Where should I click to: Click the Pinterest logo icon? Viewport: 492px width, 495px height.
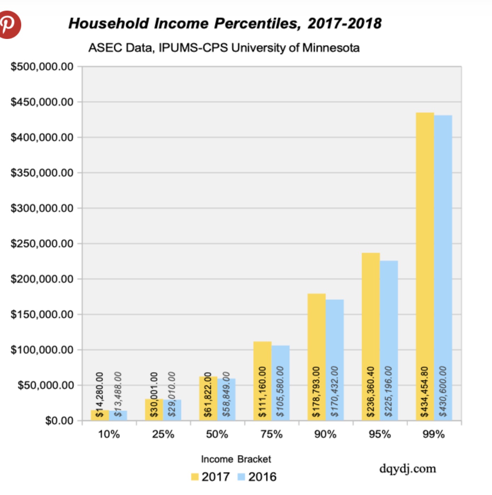10,24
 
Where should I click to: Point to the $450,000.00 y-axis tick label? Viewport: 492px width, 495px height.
42,102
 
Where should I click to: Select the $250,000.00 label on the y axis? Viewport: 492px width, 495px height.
42,244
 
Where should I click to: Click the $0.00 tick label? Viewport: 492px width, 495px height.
59,421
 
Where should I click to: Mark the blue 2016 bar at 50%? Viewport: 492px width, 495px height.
227,400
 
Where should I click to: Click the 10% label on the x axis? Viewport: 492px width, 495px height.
109,434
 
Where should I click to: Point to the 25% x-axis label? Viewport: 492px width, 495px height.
163,434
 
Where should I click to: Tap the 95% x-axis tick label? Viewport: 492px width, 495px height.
380,434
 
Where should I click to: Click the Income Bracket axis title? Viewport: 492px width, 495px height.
236,459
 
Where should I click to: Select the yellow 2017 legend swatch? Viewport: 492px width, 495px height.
195,477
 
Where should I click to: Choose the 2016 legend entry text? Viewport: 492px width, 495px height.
262,477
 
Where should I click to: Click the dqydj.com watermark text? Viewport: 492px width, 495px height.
408,469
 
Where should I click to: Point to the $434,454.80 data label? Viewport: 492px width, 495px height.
424,392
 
